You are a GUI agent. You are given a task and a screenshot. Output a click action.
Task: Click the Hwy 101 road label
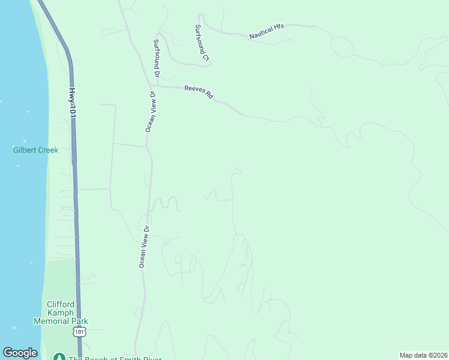point(72,103)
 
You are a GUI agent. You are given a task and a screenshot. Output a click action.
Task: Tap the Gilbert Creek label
point(36,150)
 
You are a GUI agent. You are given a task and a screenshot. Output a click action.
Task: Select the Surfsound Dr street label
point(156,59)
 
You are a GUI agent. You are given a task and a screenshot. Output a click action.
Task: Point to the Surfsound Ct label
point(202,43)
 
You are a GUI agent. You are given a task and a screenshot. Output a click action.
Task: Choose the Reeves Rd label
point(199,92)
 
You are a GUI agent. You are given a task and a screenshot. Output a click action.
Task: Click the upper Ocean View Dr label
point(151,112)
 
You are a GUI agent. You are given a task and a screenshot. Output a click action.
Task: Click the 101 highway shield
point(79,332)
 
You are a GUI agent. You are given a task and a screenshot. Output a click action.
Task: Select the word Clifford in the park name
point(60,304)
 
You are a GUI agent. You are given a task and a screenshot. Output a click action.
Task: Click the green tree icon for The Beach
point(59,358)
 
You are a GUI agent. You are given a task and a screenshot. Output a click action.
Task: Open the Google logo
point(20,353)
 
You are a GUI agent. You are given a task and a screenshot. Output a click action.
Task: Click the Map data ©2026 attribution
point(424,355)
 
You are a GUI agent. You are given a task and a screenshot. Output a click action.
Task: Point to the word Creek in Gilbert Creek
point(48,150)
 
